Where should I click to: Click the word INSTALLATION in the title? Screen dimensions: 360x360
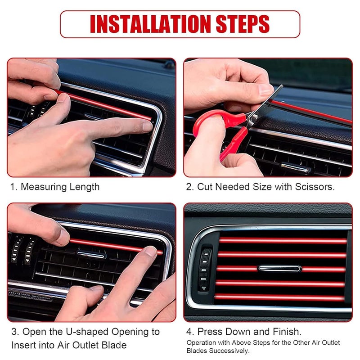(152, 24)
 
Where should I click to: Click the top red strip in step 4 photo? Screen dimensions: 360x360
(283, 241)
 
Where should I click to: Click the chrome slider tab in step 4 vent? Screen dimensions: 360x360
(279, 268)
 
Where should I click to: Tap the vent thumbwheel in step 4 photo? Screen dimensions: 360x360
(206, 269)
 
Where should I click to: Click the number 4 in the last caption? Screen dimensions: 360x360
(190, 332)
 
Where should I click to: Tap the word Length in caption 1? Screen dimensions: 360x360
(85, 187)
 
